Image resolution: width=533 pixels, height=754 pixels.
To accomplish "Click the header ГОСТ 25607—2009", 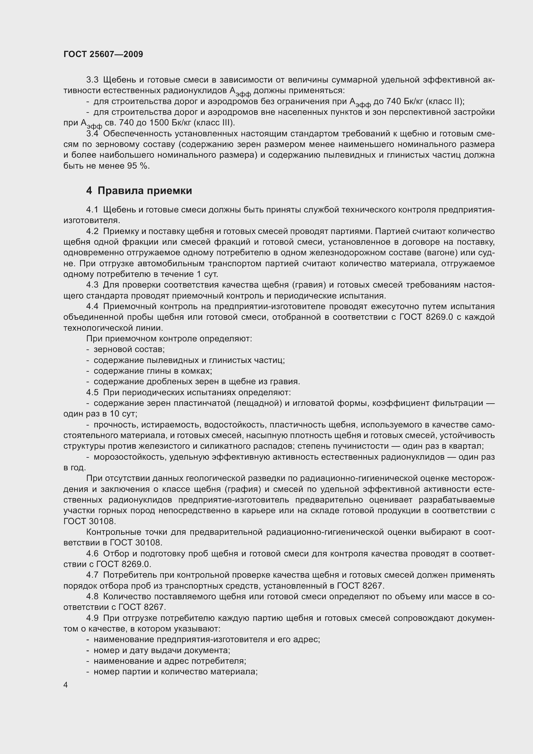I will pyautogui.click(x=103, y=54).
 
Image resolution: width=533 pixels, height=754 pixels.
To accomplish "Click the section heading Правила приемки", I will pyautogui.click(x=144, y=191).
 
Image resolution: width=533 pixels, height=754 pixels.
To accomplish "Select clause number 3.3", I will pyautogui.click(x=92, y=80).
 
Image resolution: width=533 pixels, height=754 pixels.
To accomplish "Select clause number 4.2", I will pyautogui.click(x=92, y=231).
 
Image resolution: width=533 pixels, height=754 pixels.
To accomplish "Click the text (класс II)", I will pyautogui.click(x=445, y=102).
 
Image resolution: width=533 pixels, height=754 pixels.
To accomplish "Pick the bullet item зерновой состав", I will pyautogui.click(x=129, y=349).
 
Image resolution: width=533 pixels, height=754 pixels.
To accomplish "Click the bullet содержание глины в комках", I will pyautogui.click(x=153, y=371).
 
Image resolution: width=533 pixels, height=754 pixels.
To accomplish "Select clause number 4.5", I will pyautogui.click(x=92, y=392).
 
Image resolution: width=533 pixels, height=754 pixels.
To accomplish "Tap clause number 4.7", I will pyautogui.click(x=92, y=575).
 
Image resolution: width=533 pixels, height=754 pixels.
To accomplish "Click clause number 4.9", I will pyautogui.click(x=92, y=618).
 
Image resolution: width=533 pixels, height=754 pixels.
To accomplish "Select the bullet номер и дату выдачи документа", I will pyautogui.click(x=162, y=650).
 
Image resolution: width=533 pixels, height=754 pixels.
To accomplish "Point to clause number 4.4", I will pyautogui.click(x=92, y=306).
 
